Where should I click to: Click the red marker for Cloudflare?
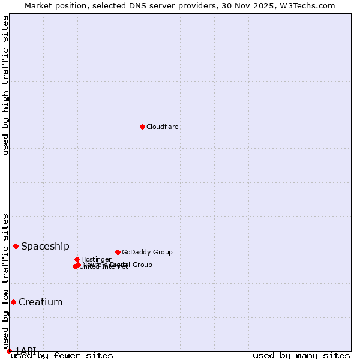(x=142, y=127)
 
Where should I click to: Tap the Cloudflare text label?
(x=163, y=127)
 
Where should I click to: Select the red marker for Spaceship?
(x=16, y=246)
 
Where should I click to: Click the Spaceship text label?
(x=45, y=247)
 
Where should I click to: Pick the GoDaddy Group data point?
(x=118, y=252)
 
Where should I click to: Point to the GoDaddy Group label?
(x=147, y=253)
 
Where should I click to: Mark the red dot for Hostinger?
(x=77, y=259)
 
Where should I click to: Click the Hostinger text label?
(x=96, y=259)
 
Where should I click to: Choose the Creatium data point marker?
(x=13, y=302)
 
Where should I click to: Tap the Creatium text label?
(x=40, y=302)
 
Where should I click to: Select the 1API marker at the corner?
(x=9, y=351)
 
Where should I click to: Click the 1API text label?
(x=25, y=350)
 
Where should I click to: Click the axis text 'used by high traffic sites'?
(x=6, y=85)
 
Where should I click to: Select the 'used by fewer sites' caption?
(x=62, y=356)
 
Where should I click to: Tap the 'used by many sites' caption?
(x=301, y=356)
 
